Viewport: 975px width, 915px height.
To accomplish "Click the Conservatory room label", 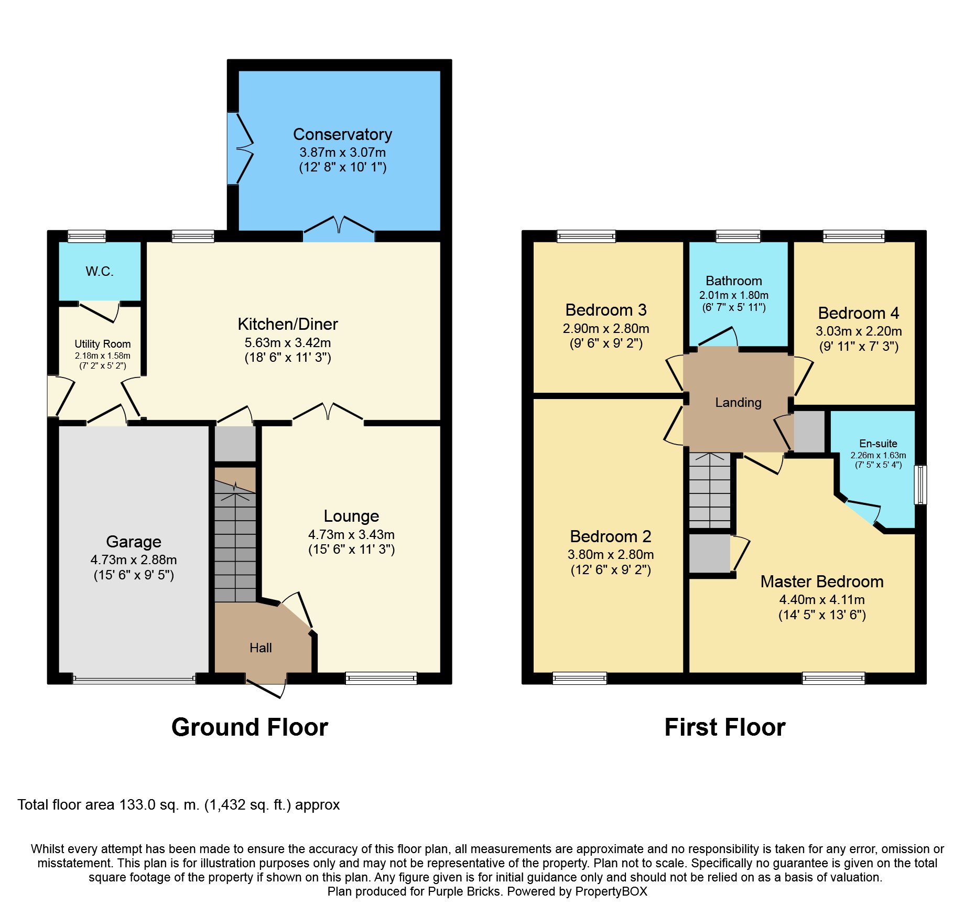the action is coord(342,134).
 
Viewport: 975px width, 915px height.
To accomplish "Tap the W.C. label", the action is coord(100,271).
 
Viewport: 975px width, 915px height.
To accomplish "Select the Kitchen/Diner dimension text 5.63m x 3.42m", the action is coord(288,342).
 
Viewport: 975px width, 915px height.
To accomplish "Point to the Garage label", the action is coord(134,542).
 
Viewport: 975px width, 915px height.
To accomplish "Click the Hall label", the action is coord(261,648).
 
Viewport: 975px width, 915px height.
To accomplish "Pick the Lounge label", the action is coord(351,516).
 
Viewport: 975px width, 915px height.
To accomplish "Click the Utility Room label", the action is coord(103,344).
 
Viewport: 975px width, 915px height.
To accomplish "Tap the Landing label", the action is coord(738,403).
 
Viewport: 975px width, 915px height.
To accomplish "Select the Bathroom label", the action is coord(734,281).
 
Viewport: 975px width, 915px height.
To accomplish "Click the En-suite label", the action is coord(878,444).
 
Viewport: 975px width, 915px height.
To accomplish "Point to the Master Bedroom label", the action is coord(822,582).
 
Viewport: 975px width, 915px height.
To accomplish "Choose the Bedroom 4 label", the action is coord(859,313).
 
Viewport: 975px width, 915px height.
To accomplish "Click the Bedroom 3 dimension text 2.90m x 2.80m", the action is coord(606,329).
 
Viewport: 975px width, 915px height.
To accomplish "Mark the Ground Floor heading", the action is coord(250,727).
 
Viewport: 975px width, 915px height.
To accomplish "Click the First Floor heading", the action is coord(725,727).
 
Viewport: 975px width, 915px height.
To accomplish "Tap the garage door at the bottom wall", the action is coord(134,680).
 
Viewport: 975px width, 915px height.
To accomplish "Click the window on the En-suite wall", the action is coord(920,485).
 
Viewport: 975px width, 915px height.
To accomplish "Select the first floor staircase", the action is coord(710,490).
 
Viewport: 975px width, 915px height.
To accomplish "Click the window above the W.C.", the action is coord(86,236).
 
